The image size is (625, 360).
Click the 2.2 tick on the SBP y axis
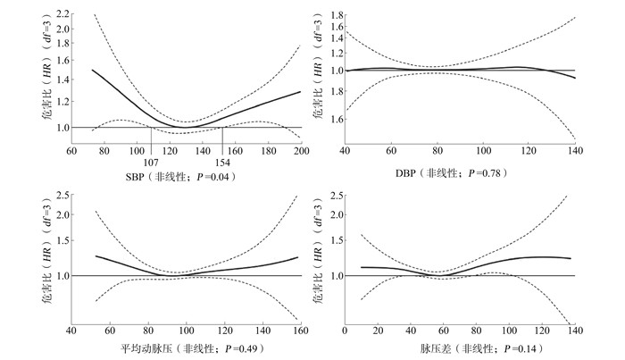pos(62,14)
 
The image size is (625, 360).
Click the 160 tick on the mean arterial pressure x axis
pos(300,330)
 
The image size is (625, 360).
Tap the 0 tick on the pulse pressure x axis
pos(345,330)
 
